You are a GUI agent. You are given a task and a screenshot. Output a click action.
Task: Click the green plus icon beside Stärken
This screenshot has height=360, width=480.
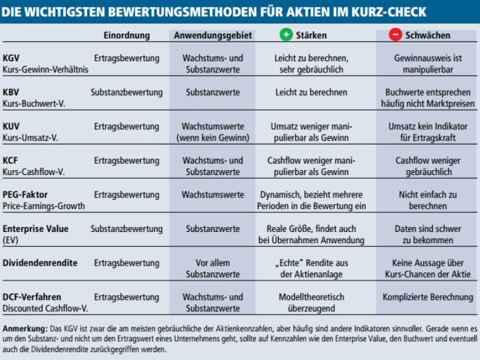click(286, 35)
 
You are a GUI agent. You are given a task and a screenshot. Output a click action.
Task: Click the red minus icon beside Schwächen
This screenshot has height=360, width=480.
click(395, 35)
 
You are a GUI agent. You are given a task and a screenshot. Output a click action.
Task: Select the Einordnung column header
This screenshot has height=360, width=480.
click(126, 36)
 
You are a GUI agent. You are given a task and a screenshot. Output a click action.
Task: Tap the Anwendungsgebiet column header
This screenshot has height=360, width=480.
click(212, 36)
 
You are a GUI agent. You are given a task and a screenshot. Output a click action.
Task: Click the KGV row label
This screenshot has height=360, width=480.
click(11, 58)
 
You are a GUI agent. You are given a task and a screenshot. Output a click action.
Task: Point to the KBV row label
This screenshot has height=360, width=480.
click(11, 92)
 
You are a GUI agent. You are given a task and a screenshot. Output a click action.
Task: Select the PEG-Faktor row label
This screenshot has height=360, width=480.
click(25, 195)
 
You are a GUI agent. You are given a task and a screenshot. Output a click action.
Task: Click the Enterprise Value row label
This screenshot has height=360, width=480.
click(34, 229)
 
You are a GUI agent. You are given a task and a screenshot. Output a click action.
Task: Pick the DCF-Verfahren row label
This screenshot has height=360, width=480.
click(32, 297)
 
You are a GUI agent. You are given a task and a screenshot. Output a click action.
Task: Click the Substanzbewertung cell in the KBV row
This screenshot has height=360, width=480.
click(126, 92)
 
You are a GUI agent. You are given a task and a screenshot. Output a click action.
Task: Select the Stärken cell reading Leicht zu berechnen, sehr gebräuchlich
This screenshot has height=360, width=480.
click(311, 64)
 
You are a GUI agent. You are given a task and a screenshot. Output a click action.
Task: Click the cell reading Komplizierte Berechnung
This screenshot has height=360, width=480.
click(427, 297)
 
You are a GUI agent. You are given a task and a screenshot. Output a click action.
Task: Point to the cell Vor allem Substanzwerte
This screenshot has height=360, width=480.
click(212, 269)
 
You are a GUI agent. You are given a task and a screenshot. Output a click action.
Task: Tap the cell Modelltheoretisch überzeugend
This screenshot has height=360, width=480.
click(311, 303)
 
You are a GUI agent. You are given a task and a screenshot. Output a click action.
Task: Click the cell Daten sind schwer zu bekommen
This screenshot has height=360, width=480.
click(427, 234)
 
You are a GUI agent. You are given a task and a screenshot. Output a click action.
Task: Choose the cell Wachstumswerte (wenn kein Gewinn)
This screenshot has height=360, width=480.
click(212, 132)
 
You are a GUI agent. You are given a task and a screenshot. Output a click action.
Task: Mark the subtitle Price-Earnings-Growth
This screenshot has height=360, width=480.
click(44, 206)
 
